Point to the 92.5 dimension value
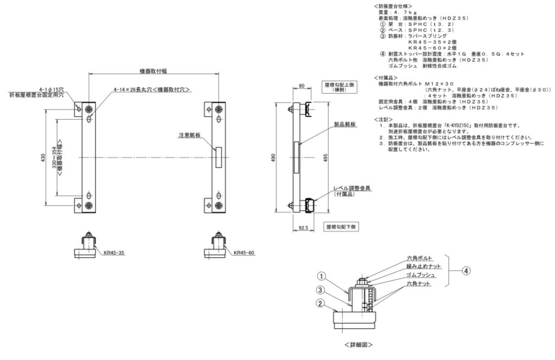tap(303, 228)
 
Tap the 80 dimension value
tap(301, 85)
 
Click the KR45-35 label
tap(114, 253)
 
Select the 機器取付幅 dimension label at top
tap(152, 70)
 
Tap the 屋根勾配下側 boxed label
tap(340, 226)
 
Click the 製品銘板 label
tap(346, 124)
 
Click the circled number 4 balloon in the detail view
tap(465, 271)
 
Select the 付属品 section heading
tap(386, 77)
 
